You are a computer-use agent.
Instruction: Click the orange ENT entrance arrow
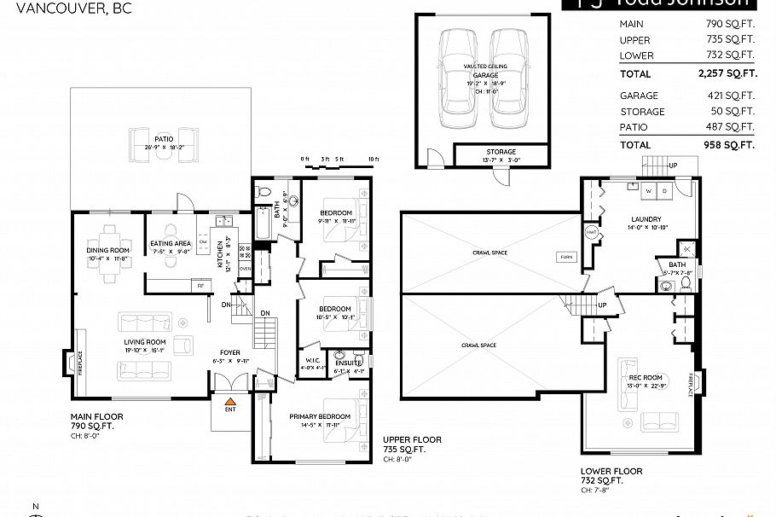[x=229, y=399]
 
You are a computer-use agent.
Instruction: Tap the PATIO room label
[x=164, y=138]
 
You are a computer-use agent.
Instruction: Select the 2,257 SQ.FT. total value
[x=727, y=74]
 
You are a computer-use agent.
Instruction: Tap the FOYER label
[x=230, y=351]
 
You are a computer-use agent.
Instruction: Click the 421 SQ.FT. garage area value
[x=734, y=96]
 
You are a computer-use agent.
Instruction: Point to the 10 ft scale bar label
[x=373, y=160]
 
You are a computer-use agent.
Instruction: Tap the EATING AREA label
[x=171, y=244]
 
